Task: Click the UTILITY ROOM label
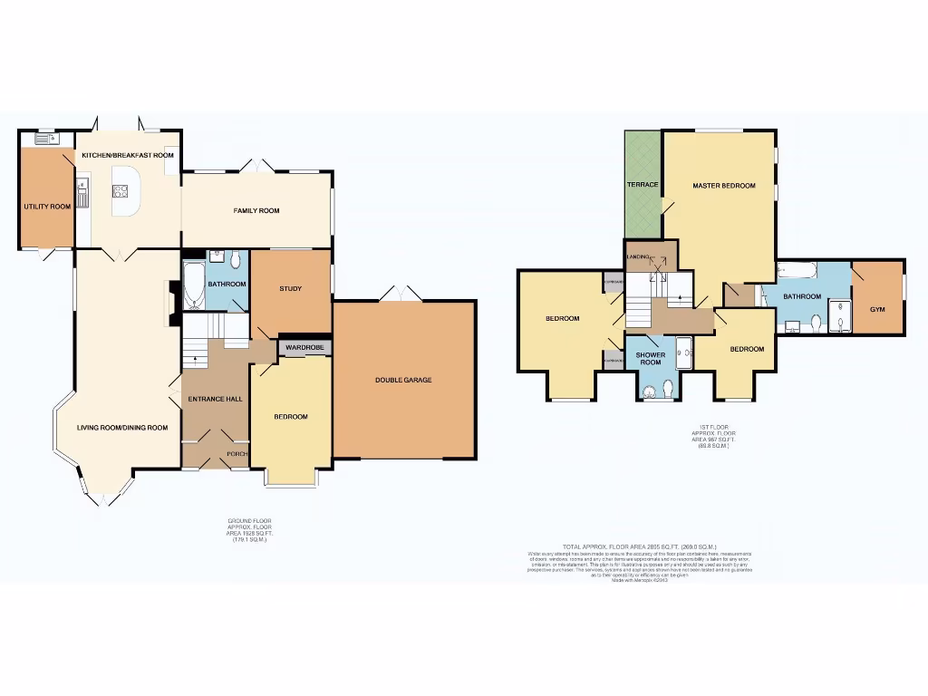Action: click(x=47, y=207)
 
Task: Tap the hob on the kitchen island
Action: click(x=121, y=190)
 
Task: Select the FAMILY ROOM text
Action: click(x=256, y=210)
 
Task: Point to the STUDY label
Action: click(x=290, y=289)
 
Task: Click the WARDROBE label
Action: click(x=304, y=347)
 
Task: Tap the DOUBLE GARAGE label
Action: click(x=403, y=380)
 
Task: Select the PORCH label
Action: click(x=237, y=454)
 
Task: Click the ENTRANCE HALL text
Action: click(x=214, y=399)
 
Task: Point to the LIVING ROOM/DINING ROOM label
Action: click(x=122, y=428)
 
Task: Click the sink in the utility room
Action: click(x=43, y=139)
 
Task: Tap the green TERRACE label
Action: click(x=643, y=185)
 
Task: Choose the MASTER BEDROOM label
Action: click(x=723, y=186)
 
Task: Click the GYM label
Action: click(x=876, y=309)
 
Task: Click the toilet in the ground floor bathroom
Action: click(x=235, y=261)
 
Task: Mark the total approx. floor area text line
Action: click(x=639, y=546)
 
